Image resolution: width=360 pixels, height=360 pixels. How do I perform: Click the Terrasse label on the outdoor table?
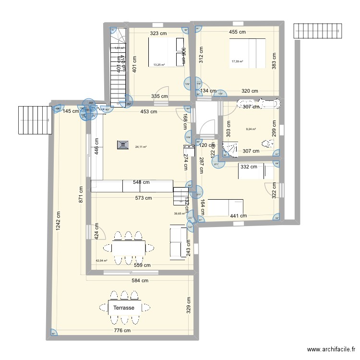pos(124,307)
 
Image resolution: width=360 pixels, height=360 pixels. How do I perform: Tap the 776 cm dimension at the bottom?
pos(122,330)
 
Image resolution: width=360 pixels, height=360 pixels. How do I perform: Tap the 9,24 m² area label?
pos(251,129)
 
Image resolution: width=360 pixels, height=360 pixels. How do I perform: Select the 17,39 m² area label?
pos(237,61)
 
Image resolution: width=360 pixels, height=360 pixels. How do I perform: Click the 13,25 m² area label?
pos(159,65)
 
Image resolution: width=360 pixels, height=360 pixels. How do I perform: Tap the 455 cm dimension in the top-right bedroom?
pos(237,32)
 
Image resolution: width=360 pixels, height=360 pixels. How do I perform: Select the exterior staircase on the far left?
pos(35,120)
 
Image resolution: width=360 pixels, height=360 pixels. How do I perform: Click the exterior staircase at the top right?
pos(318,31)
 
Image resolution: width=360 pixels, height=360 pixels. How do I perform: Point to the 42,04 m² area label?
pos(101,261)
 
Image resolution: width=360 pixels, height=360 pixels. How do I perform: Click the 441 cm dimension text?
pos(238,216)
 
